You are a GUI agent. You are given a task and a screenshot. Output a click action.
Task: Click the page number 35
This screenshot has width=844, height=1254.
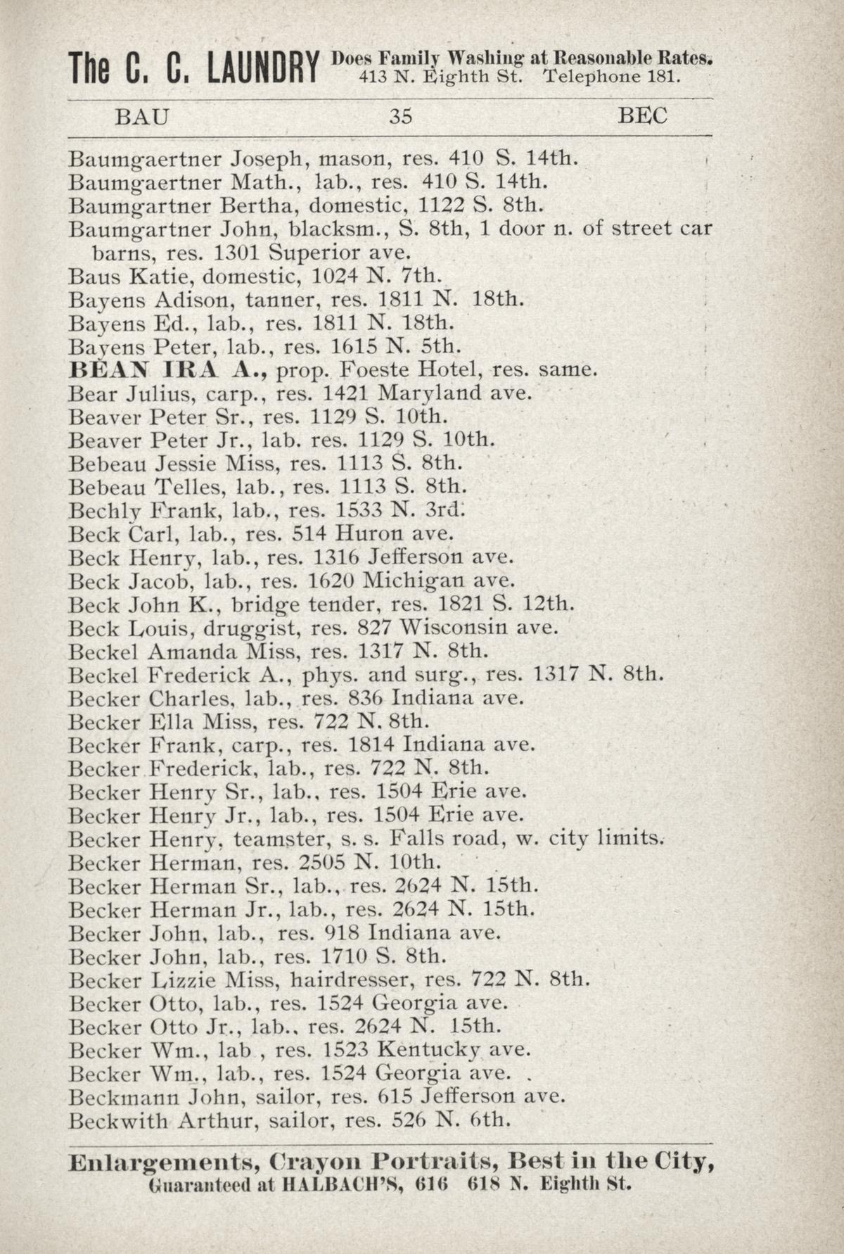(x=400, y=116)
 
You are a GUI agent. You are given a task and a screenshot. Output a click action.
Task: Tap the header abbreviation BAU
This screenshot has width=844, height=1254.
(x=142, y=116)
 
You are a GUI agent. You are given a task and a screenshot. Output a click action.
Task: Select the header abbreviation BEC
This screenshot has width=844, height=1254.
(x=642, y=116)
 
